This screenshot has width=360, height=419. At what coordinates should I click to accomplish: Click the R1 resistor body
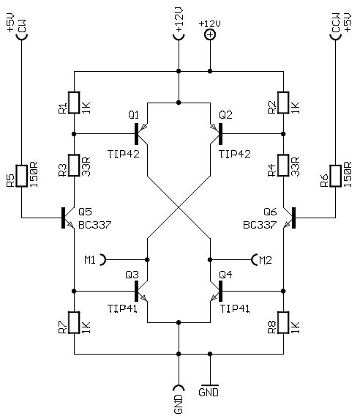(x=74, y=103)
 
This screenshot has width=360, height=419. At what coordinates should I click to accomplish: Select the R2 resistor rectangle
(x=283, y=103)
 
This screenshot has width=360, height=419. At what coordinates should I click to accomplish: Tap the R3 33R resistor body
(x=74, y=166)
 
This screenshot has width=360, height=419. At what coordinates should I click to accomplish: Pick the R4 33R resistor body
(x=283, y=166)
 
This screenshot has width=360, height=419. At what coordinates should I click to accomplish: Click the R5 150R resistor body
(x=22, y=176)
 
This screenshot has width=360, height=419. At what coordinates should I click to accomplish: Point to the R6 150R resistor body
(x=335, y=176)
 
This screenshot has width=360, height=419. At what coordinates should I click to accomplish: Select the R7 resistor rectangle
(x=74, y=322)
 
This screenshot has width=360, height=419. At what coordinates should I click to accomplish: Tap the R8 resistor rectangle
(x=283, y=322)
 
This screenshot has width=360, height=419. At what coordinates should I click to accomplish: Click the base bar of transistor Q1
(x=137, y=134)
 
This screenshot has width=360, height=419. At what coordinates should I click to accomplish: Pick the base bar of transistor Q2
(x=220, y=134)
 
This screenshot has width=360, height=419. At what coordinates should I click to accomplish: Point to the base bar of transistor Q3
(x=137, y=291)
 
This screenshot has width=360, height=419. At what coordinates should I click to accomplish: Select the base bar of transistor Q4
(x=220, y=291)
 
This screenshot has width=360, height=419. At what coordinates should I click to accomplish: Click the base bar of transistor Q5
(x=63, y=218)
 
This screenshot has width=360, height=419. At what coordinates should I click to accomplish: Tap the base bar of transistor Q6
(x=294, y=218)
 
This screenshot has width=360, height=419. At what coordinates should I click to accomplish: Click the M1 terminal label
(x=90, y=260)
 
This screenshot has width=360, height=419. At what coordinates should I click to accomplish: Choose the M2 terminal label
(x=266, y=260)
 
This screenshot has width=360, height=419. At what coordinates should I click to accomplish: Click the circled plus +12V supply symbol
(x=210, y=34)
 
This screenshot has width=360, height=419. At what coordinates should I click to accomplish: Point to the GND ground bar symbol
(x=209, y=385)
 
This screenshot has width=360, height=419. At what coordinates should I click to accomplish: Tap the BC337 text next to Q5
(x=94, y=225)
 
